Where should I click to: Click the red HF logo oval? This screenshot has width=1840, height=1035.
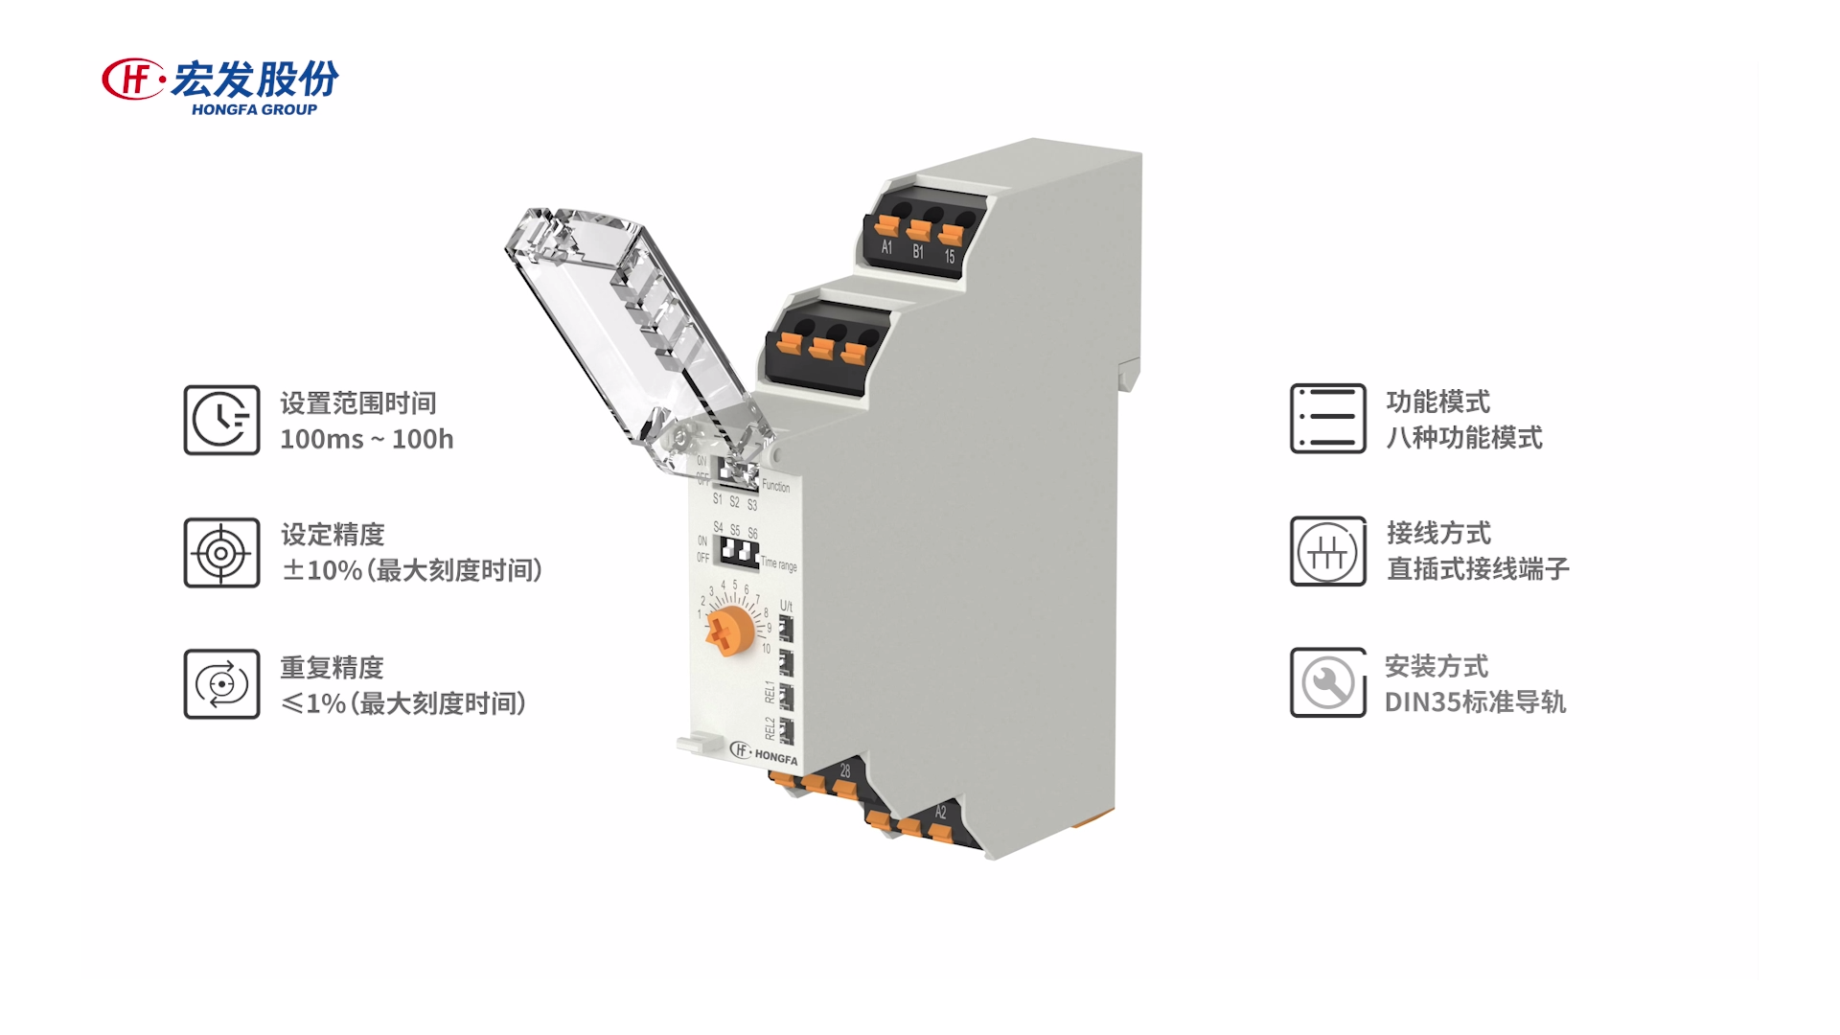click(x=132, y=79)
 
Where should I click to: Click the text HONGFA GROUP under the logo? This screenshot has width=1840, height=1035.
click(x=254, y=110)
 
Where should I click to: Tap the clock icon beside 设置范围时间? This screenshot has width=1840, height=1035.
click(x=221, y=420)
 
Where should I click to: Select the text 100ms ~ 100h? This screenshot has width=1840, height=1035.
click(x=366, y=440)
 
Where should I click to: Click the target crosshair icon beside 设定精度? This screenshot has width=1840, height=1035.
click(x=221, y=553)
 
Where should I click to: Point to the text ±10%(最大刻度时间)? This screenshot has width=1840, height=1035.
click(x=412, y=570)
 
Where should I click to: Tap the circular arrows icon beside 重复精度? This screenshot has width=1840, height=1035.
click(x=221, y=684)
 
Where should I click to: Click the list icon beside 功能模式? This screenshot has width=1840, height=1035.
click(x=1327, y=419)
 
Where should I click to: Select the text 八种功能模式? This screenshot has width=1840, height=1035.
click(x=1463, y=438)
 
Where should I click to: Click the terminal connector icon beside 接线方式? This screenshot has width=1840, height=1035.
click(x=1327, y=552)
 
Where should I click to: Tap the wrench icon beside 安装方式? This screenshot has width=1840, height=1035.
click(x=1327, y=683)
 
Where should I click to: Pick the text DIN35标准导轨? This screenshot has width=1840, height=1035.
click(x=1474, y=702)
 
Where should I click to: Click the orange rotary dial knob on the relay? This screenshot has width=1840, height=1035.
click(x=731, y=630)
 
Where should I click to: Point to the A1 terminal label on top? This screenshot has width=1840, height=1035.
click(x=886, y=247)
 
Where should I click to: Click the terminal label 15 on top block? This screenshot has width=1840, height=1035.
click(x=950, y=257)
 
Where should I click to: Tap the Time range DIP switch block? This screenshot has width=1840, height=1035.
click(x=739, y=552)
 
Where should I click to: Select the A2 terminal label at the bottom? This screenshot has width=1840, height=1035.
click(x=940, y=813)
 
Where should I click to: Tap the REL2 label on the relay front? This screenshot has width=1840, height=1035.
click(x=770, y=728)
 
